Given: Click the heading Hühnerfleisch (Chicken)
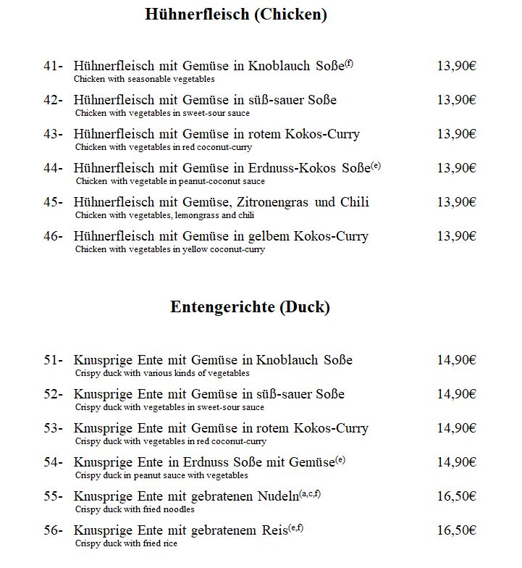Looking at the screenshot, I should pyautogui.click(x=235, y=14).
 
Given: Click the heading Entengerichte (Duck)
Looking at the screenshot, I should pyautogui.click(x=250, y=307).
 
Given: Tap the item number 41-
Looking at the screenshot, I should pyautogui.click(x=54, y=66).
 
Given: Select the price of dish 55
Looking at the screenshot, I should pyautogui.click(x=456, y=496).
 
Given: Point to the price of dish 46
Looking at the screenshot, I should pyautogui.click(x=456, y=236).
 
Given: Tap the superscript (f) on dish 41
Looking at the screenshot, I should pyautogui.click(x=348, y=63).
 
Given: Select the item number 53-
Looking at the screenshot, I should pyautogui.click(x=54, y=428).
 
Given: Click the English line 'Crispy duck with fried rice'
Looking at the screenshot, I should pyautogui.click(x=126, y=543).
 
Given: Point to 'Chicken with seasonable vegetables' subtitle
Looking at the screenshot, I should pyautogui.click(x=145, y=79).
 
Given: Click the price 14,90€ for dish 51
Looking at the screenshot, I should pyautogui.click(x=456, y=360).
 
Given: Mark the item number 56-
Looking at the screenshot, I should pyautogui.click(x=54, y=530).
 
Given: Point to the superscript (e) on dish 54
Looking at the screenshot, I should pyautogui.click(x=340, y=459).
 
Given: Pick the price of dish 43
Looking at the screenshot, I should pyautogui.click(x=456, y=134).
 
